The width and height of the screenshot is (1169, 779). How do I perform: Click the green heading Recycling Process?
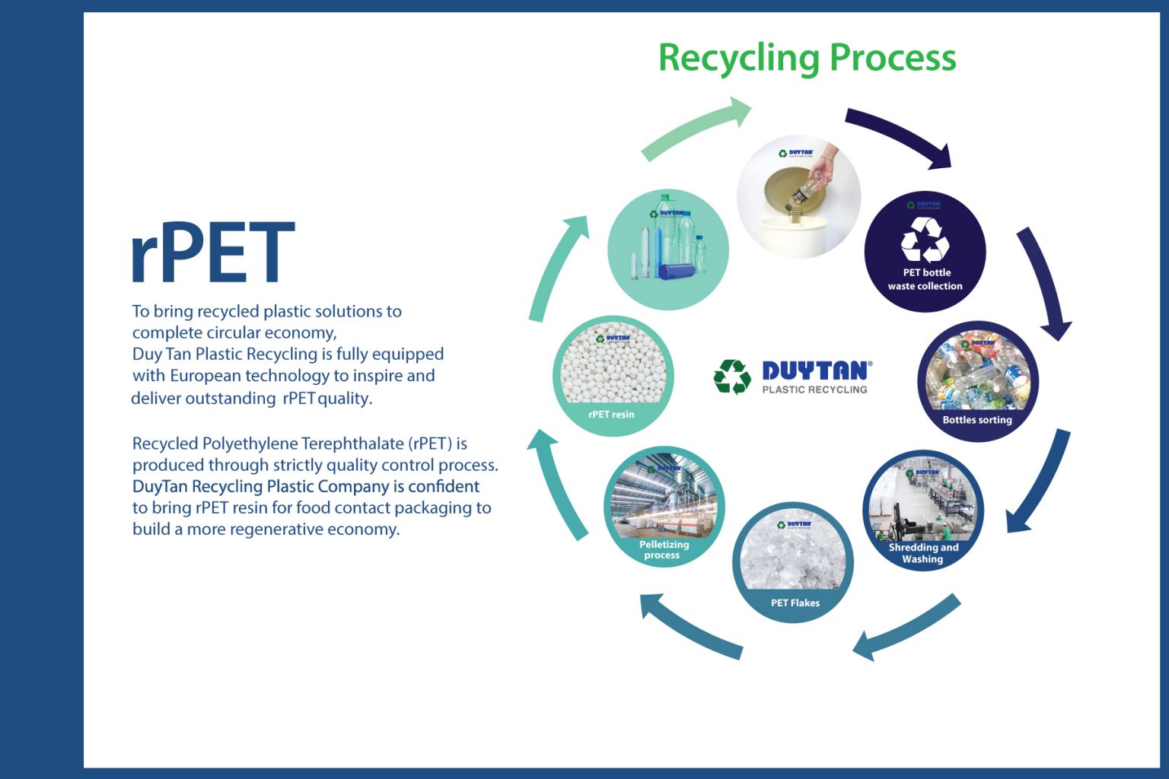(807, 58)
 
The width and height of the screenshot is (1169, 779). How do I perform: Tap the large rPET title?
(212, 253)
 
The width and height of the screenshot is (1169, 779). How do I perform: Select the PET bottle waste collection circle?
(925, 251)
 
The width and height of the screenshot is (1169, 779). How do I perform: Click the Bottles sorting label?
(977, 420)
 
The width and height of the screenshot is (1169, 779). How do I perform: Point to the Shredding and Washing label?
(923, 553)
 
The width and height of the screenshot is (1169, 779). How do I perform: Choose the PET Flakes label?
(795, 603)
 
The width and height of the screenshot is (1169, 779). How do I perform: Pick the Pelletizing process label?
(664, 550)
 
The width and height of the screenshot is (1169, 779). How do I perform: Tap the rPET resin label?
(611, 415)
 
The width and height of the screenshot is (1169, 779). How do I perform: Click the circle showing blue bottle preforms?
(667, 250)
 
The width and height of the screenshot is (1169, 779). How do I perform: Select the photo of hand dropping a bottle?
(798, 196)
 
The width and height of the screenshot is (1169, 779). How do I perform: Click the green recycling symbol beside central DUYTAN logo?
(732, 377)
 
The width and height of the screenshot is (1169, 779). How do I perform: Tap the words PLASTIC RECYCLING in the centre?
(814, 389)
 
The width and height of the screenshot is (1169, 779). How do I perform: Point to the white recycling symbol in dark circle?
(925, 239)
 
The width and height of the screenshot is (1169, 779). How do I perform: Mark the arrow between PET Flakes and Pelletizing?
(689, 626)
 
